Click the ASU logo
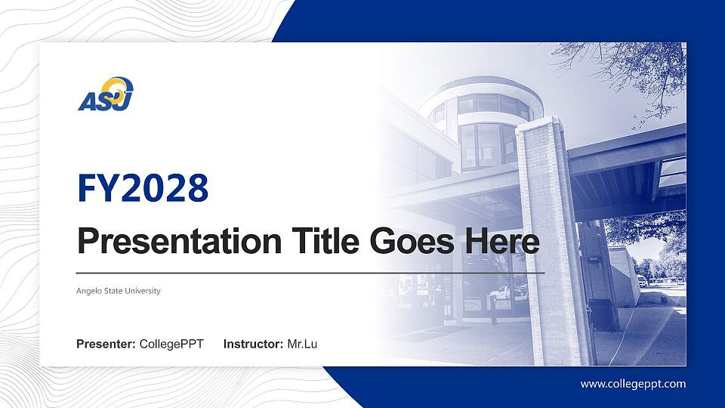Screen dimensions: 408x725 (106, 94)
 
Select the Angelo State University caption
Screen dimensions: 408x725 (119, 291)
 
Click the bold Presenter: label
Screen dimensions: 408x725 (106, 345)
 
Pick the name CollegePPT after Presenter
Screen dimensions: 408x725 (171, 345)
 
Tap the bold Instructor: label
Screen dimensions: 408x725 (254, 345)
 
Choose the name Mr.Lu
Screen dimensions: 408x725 (302, 345)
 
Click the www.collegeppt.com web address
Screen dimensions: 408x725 (633, 384)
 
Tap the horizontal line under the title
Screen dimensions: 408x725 (310, 272)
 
